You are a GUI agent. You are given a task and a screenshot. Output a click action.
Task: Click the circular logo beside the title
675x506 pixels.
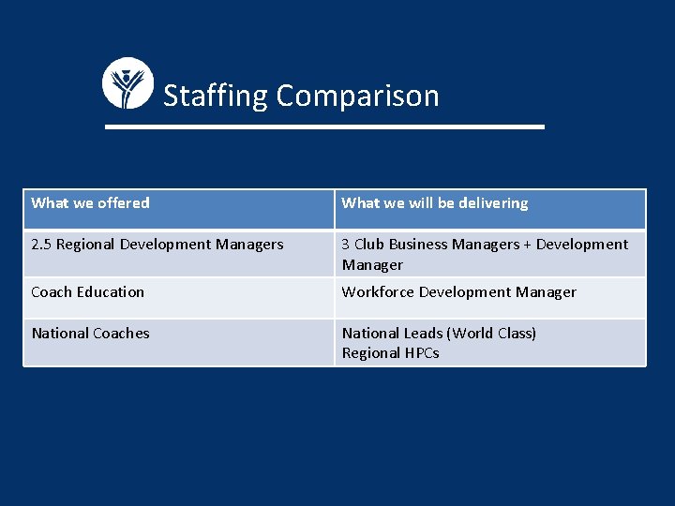coord(127,83)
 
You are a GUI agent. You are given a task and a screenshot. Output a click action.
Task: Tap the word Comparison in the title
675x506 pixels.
coord(357,96)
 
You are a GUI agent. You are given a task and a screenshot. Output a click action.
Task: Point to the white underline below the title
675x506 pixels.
coord(324,126)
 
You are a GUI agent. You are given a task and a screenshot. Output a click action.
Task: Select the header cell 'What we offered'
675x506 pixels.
coord(90,202)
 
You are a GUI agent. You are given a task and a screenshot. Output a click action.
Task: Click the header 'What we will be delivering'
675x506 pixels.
coord(435,202)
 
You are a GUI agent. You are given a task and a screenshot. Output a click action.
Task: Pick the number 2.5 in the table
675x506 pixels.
coord(41,245)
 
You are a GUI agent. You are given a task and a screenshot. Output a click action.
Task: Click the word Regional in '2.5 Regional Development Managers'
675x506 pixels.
coord(85,245)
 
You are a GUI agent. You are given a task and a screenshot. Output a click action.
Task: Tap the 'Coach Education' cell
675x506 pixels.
coord(88,291)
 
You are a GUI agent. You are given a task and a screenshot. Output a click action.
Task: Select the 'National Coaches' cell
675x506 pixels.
coord(90,333)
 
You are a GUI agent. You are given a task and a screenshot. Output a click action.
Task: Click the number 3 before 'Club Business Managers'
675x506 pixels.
coord(346,245)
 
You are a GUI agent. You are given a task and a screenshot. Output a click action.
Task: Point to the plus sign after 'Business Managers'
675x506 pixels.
coord(527,245)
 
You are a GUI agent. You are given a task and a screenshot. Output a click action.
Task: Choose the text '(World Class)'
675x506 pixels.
coord(491,333)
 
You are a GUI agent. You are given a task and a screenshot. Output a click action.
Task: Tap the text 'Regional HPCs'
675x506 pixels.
coord(390,353)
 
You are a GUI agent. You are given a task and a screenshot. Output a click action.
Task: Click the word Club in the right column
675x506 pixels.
coord(369,245)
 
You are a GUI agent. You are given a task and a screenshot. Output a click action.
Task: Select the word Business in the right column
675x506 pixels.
coord(418,245)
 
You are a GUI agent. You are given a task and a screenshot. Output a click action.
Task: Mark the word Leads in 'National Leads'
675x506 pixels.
coord(423,333)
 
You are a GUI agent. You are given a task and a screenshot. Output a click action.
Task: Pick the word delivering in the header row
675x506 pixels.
coord(493,202)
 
